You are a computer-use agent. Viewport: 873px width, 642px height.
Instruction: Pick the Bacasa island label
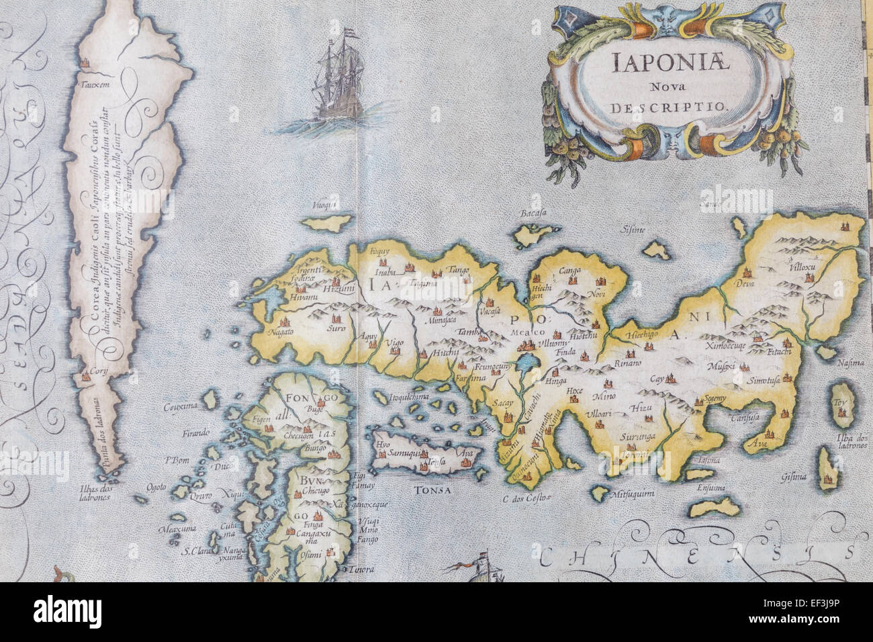click(x=531, y=214)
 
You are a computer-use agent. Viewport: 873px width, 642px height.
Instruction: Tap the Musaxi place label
click(x=722, y=365)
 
